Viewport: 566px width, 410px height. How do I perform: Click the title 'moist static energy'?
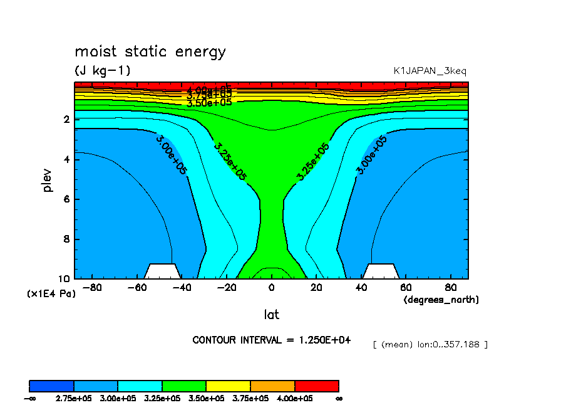(150, 52)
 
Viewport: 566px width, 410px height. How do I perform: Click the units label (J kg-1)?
(103, 70)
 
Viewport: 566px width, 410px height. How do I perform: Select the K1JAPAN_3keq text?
(430, 71)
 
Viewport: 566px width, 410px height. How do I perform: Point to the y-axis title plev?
(48, 179)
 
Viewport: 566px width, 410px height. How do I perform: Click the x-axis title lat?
(271, 314)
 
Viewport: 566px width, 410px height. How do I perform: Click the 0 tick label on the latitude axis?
(271, 288)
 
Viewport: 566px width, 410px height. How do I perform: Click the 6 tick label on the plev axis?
(67, 199)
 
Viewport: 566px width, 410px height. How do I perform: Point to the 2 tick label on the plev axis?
(67, 119)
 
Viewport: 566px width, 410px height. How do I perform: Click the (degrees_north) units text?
(441, 300)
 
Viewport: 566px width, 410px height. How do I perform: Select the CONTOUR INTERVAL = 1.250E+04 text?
(272, 340)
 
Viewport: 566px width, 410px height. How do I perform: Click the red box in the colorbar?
(316, 386)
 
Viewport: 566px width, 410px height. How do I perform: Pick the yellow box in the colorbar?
(228, 386)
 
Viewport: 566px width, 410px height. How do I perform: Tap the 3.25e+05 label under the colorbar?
(162, 398)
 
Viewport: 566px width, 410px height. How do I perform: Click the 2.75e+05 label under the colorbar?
(74, 398)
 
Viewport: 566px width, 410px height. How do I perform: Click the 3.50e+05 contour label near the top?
(209, 103)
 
